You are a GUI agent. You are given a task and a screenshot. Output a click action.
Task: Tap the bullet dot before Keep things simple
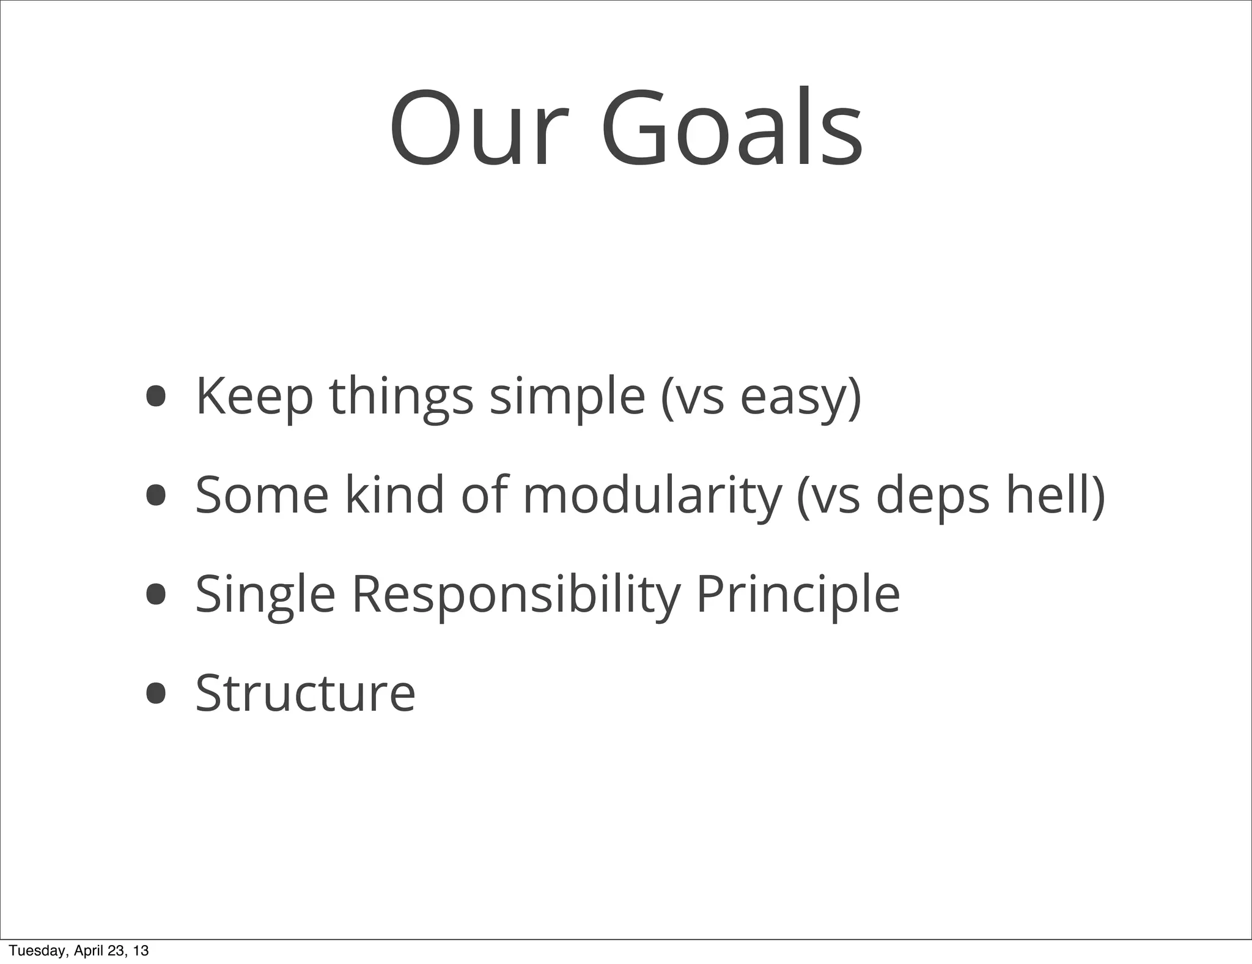pyautogui.click(x=156, y=396)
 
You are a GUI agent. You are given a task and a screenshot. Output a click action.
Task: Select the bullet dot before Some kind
pyautogui.click(x=156, y=495)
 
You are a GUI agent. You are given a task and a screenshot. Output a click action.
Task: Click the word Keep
pyautogui.click(x=254, y=396)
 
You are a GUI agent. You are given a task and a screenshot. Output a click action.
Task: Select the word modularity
pyautogui.click(x=652, y=496)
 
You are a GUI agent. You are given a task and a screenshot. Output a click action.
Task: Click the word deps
pyautogui.click(x=932, y=496)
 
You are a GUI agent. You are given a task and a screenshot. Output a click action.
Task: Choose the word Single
pyautogui.click(x=265, y=595)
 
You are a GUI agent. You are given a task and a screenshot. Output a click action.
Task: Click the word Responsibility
pyautogui.click(x=516, y=595)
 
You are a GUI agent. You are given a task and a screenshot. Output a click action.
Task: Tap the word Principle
pyautogui.click(x=798, y=595)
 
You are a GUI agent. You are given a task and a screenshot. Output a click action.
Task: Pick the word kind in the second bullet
pyautogui.click(x=394, y=495)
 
